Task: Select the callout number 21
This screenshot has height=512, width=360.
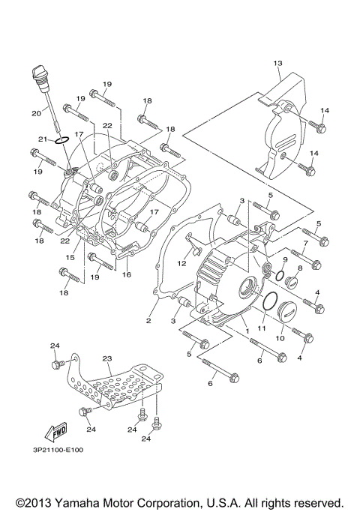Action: click(x=43, y=139)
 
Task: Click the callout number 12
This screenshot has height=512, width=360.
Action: click(x=181, y=263)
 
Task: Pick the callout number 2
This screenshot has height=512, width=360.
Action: click(x=148, y=321)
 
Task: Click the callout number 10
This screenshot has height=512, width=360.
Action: click(x=279, y=338)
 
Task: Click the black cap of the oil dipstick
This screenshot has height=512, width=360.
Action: click(x=40, y=76)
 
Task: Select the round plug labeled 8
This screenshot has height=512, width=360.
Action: click(x=292, y=283)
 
